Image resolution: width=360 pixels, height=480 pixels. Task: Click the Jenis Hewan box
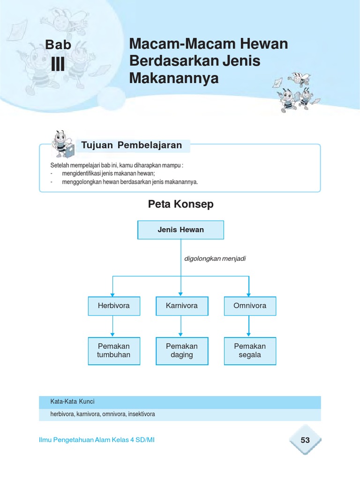coord(180,230)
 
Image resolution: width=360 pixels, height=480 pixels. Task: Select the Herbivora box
coord(113,306)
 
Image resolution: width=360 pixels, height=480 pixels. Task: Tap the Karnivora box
coord(181,306)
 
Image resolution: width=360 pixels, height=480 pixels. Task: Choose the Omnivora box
coord(249,306)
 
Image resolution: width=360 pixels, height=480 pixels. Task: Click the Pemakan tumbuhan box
coord(113,351)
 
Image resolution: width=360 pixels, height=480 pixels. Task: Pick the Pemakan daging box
coord(181,351)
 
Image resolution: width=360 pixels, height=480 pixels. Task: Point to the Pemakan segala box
coord(249,351)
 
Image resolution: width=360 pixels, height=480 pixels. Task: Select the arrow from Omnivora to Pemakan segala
coord(249,326)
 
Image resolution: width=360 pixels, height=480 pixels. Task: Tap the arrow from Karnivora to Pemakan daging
coord(181,326)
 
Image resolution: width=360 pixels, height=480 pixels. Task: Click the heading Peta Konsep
coord(180,204)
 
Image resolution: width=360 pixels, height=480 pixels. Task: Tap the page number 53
coord(305,440)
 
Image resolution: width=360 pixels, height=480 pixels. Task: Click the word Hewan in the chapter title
coord(264,45)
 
